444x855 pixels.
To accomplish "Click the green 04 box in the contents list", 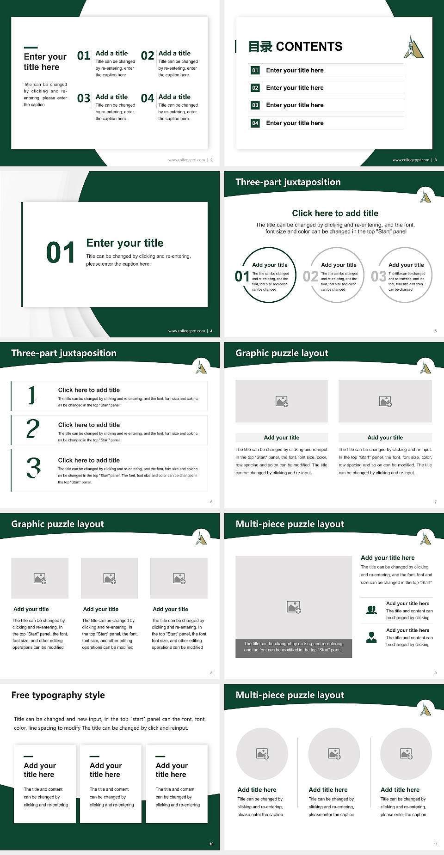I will point(255,123).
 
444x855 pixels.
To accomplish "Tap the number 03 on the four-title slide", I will point(84,98).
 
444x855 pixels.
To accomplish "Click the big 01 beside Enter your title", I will point(61,253).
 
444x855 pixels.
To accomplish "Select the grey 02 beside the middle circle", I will point(310,276).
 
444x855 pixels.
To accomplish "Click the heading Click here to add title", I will point(335,213).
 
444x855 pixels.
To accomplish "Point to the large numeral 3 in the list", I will point(33,468).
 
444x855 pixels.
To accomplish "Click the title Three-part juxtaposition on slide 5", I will point(288,182).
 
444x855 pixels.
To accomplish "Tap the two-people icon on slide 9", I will point(371,610).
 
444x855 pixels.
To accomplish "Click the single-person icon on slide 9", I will point(371,637).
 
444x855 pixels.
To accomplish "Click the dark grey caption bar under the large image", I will point(293,647).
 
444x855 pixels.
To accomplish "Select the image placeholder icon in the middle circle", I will point(334,754).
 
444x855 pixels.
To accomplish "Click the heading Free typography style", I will point(58,695).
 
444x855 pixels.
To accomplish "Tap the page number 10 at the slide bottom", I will point(211,844).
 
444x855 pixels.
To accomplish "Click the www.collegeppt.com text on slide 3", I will point(411,160).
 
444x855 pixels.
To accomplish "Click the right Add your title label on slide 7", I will point(385,437).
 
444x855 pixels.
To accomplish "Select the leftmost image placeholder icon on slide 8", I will point(40,578).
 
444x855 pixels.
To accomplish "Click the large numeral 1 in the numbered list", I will point(31,396).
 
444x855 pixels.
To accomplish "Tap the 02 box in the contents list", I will point(255,88).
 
